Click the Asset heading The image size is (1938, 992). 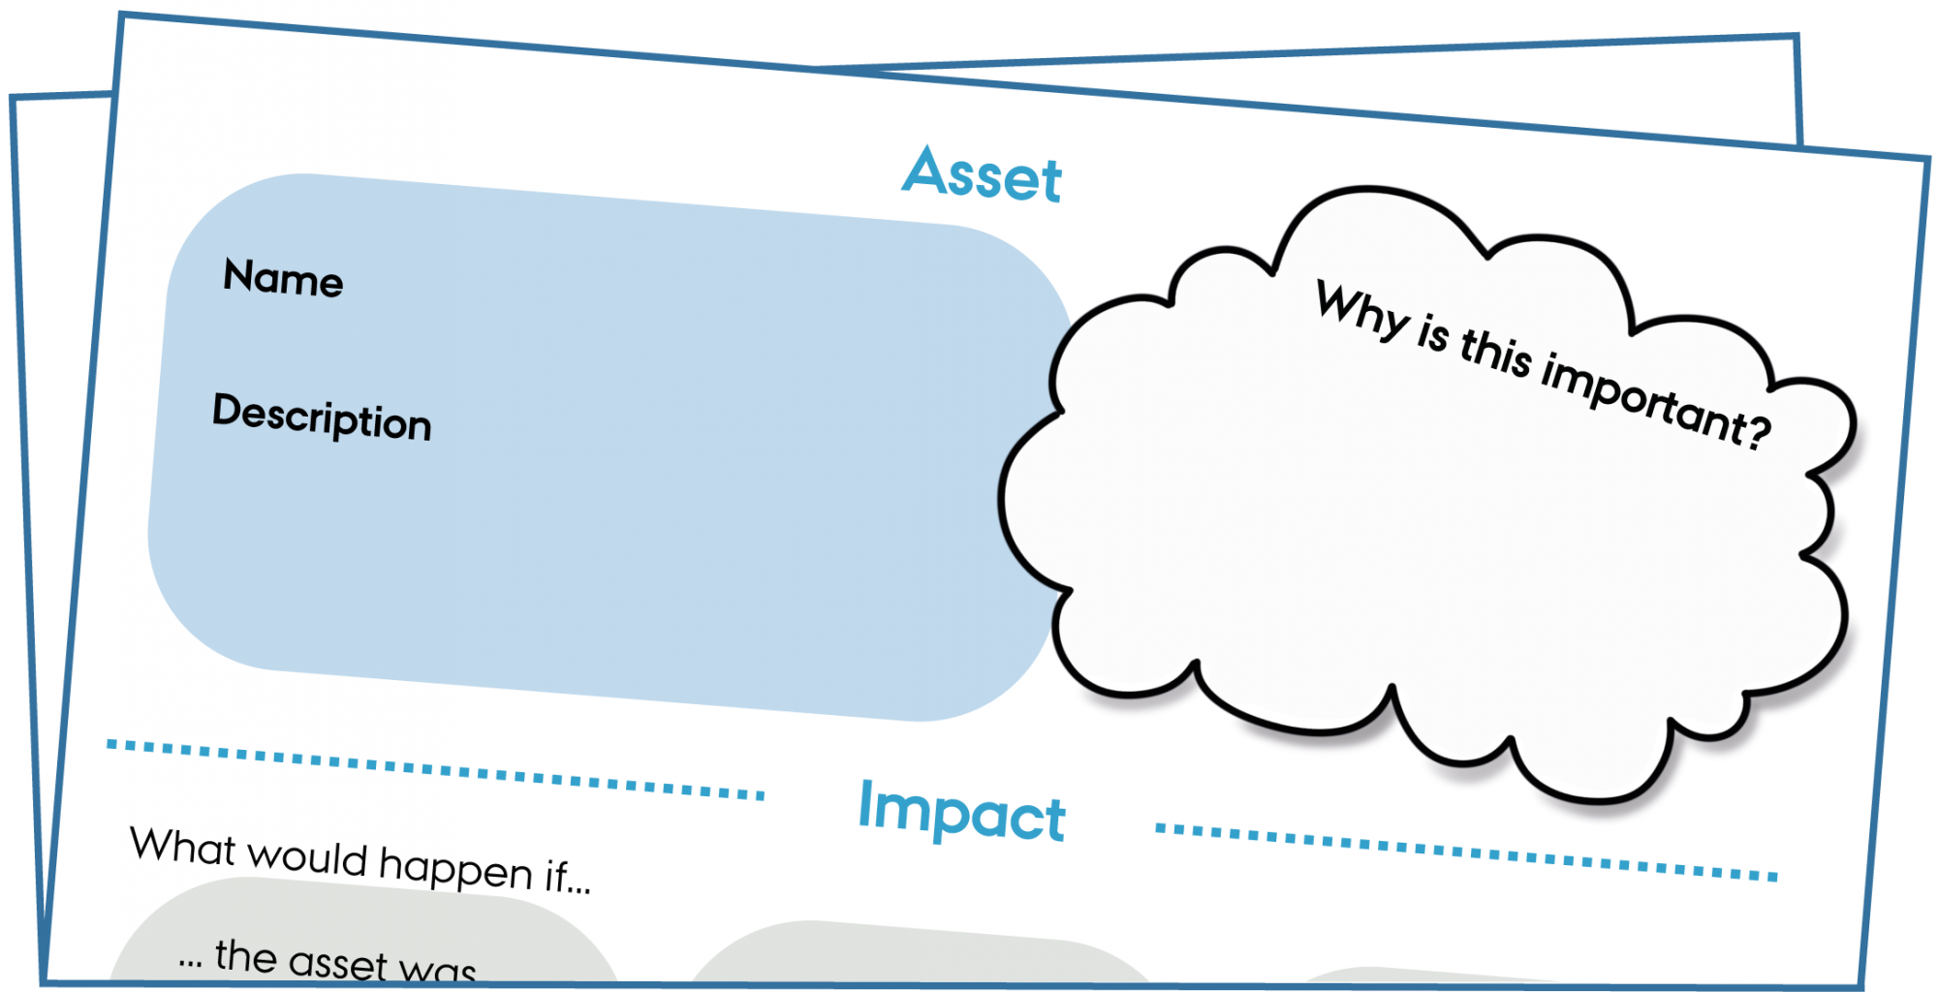tap(982, 174)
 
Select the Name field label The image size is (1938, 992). tap(283, 278)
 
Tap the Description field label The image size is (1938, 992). tap(322, 417)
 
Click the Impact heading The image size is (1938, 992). tap(962, 812)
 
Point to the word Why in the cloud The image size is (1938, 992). tap(1361, 310)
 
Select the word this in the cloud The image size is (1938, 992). tap(1496, 354)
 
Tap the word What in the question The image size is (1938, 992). tap(183, 846)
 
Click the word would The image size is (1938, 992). tap(307, 856)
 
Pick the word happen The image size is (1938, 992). tap(455, 868)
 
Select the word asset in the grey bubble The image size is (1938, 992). tap(338, 964)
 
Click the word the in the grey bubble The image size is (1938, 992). tap(246, 956)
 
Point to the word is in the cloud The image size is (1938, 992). tap(1433, 333)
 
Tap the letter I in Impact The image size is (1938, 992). tap(866, 803)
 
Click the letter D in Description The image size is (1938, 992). tap(228, 410)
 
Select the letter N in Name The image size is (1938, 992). tap(240, 274)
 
